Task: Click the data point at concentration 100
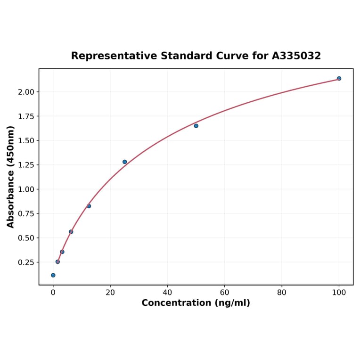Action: (339, 78)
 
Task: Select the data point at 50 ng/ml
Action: (196, 126)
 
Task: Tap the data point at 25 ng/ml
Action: (124, 162)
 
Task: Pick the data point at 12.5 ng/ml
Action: (89, 206)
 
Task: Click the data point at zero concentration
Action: (53, 275)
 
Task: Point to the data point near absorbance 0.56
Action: (71, 232)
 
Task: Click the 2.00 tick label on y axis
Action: (26, 92)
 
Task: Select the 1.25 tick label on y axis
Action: (26, 165)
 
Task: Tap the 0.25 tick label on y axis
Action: (26, 262)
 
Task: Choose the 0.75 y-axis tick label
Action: (26, 213)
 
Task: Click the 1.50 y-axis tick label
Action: (26, 140)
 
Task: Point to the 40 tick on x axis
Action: (167, 293)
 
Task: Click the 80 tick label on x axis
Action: (282, 293)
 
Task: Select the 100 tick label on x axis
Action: (339, 293)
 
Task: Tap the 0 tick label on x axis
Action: (53, 293)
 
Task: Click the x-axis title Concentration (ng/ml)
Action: (196, 303)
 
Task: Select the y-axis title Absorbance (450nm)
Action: (11, 177)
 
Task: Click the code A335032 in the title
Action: (296, 56)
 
